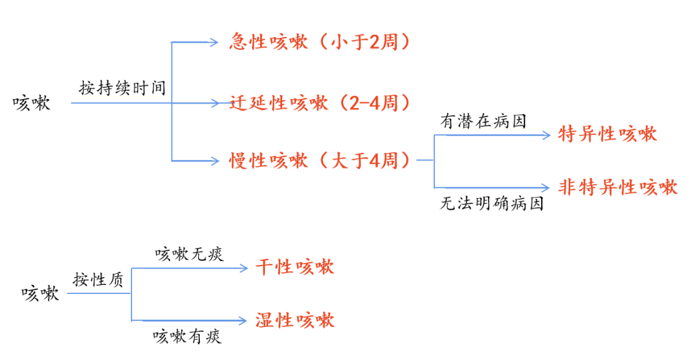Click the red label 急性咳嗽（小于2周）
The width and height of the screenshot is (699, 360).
coord(320,43)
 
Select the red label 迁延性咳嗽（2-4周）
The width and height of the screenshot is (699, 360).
coord(320,103)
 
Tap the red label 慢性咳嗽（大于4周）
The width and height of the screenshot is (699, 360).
coord(320,160)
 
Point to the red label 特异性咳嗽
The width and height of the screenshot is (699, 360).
coord(607,135)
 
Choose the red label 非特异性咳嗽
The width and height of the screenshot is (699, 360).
coord(617,188)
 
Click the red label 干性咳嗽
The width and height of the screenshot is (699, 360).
coord(294,267)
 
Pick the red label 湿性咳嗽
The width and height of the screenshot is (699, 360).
coord(294,320)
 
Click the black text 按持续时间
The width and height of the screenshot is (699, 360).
coord(122,88)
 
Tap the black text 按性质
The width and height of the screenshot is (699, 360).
coord(98,280)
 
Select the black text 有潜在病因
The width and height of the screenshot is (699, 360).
coord(483,121)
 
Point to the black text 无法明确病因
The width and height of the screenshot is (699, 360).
coord(491,205)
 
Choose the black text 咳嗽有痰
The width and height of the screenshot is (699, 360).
coord(188,337)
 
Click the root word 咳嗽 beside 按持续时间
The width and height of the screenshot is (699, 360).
coord(32,104)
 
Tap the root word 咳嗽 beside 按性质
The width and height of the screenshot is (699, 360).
coord(40,293)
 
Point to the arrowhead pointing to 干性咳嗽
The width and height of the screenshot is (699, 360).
coord(245,267)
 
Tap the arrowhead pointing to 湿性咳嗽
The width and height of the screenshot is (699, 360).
coord(244,320)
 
